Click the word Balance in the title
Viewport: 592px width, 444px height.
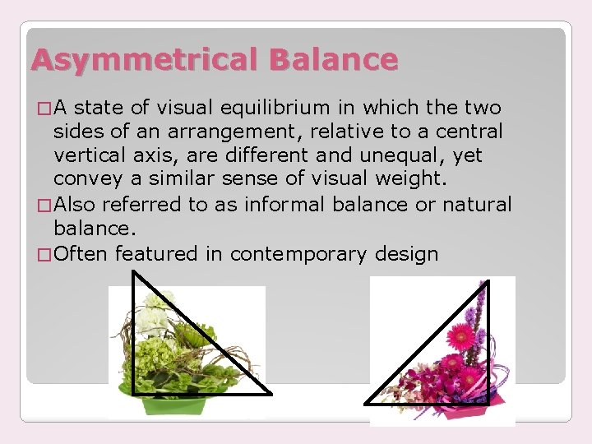(333, 59)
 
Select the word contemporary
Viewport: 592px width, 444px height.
(298, 254)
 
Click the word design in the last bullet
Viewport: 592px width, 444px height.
(405, 254)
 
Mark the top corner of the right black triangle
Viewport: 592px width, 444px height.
(486, 283)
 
